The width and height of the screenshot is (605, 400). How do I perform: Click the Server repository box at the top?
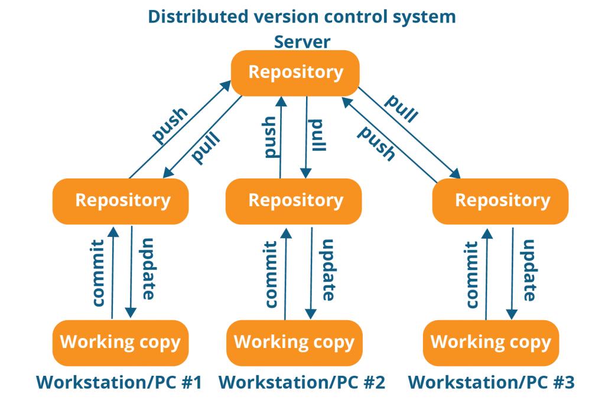(295, 73)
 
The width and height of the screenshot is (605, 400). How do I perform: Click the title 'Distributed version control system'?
(302, 17)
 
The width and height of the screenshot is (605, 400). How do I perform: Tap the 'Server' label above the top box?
(301, 42)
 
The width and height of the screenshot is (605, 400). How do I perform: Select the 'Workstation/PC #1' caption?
(119, 383)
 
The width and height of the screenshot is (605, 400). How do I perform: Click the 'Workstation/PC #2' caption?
(302, 383)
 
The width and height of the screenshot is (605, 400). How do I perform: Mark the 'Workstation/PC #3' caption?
(491, 383)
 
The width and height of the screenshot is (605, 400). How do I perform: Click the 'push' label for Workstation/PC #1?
(170, 125)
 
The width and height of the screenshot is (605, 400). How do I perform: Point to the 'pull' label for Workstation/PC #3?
(401, 108)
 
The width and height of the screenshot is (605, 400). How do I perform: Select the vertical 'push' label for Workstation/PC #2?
(269, 136)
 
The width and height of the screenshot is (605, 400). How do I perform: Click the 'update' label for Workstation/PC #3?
(529, 270)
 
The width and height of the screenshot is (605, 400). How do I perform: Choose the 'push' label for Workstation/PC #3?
(376, 143)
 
